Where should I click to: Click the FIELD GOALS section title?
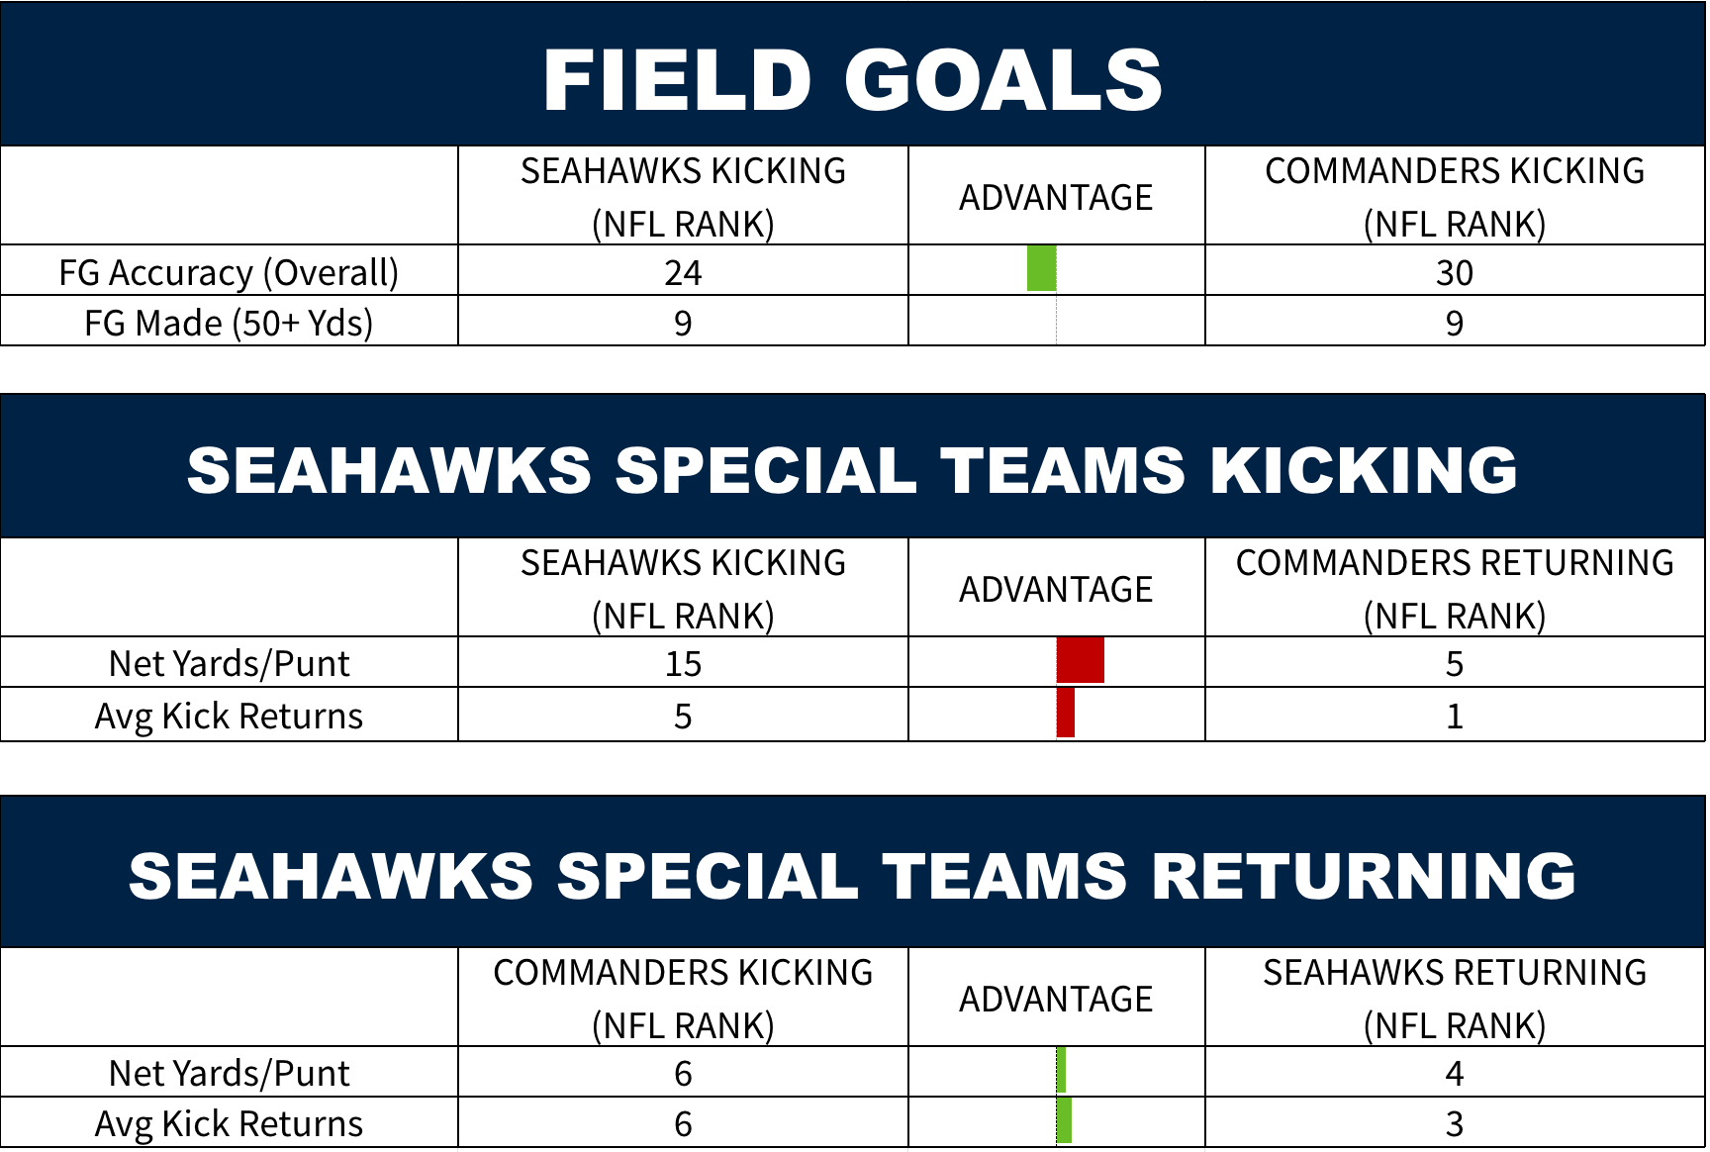pyautogui.click(x=852, y=81)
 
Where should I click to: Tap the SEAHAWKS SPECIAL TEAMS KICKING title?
pyautogui.click(x=852, y=469)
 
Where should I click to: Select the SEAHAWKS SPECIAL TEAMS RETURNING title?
pyautogui.click(x=852, y=876)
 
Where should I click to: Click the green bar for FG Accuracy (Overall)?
pyautogui.click(x=1042, y=268)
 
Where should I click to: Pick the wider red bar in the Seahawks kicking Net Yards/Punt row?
pyautogui.click(x=1081, y=660)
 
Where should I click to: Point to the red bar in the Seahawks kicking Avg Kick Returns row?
pyautogui.click(x=1066, y=713)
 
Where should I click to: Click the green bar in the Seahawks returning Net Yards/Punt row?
pyautogui.click(x=1061, y=1070)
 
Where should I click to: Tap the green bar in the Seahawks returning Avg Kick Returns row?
pyautogui.click(x=1064, y=1120)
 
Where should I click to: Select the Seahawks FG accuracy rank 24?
pyautogui.click(x=683, y=273)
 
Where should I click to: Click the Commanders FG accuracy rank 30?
pyautogui.click(x=1455, y=273)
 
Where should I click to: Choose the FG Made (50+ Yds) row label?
pyautogui.click(x=229, y=324)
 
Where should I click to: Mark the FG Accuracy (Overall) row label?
pyautogui.click(x=229, y=273)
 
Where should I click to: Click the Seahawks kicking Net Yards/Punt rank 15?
pyautogui.click(x=683, y=664)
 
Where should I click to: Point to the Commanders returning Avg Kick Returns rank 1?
pyautogui.click(x=1455, y=717)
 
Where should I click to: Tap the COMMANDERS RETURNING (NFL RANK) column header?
pyautogui.click(x=1455, y=589)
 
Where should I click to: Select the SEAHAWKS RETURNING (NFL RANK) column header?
pyautogui.click(x=1455, y=999)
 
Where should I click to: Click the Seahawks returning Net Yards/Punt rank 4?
pyautogui.click(x=1455, y=1074)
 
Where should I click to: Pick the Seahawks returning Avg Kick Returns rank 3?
pyautogui.click(x=1455, y=1124)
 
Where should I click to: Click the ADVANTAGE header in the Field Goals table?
pyautogui.click(x=1056, y=198)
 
